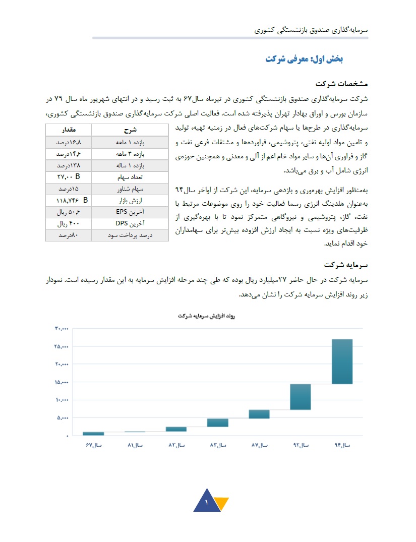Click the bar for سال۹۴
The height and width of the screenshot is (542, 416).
[342, 362]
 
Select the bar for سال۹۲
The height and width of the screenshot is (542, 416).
[300, 396]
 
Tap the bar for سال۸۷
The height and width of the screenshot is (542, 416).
[259, 414]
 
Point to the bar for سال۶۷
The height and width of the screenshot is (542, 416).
[93, 433]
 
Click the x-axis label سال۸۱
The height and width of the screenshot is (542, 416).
[135, 445]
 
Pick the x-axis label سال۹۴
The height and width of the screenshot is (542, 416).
[342, 445]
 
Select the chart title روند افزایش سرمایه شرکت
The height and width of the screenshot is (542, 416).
[207, 316]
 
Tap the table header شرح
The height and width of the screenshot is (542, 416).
[130, 130]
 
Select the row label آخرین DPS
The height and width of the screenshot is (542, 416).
[130, 223]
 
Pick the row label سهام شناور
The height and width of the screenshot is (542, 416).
[130, 189]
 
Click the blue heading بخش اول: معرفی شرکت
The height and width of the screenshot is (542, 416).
[304, 59]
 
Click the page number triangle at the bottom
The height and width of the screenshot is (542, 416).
[207, 502]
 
